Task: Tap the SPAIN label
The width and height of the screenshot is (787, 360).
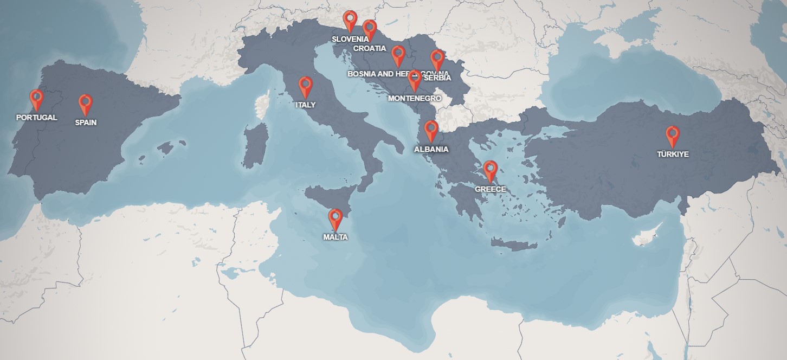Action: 86,123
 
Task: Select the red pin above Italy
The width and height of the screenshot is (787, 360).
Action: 306,86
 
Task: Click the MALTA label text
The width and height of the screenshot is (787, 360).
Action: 336,237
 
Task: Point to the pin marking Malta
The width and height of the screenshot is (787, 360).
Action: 336,218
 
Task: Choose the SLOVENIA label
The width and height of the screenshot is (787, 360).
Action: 350,39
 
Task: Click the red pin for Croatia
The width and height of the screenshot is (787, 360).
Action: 370,29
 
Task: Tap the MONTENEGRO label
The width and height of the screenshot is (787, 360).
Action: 415,98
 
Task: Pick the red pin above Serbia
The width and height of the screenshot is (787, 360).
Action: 437,59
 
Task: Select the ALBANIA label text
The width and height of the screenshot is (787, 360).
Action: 431,149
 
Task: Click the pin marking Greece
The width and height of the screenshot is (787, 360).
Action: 490,170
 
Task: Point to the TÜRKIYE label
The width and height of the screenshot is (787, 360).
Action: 673,154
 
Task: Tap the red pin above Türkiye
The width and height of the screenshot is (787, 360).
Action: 673,134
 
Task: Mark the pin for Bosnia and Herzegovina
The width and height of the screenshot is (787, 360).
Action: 398,54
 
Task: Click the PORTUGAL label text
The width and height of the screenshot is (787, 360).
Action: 36,118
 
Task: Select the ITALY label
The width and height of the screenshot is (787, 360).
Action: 305,105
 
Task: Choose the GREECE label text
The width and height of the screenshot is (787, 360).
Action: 490,189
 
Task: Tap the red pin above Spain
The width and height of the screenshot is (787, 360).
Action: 85,103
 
